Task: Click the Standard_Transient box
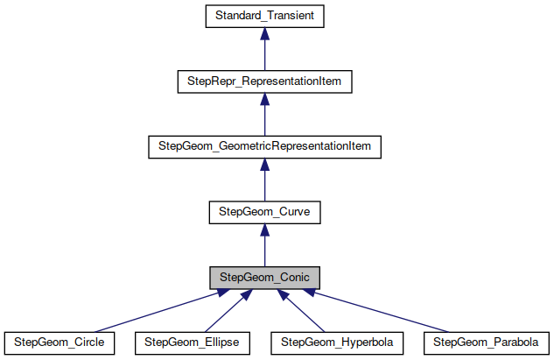tap(264, 17)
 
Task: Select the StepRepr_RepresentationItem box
tap(264, 81)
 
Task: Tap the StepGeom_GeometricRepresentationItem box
tap(264, 146)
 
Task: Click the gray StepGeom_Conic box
tap(264, 278)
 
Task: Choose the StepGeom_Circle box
tap(60, 342)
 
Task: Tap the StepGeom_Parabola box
tap(485, 342)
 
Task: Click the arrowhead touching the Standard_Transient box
tap(264, 34)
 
